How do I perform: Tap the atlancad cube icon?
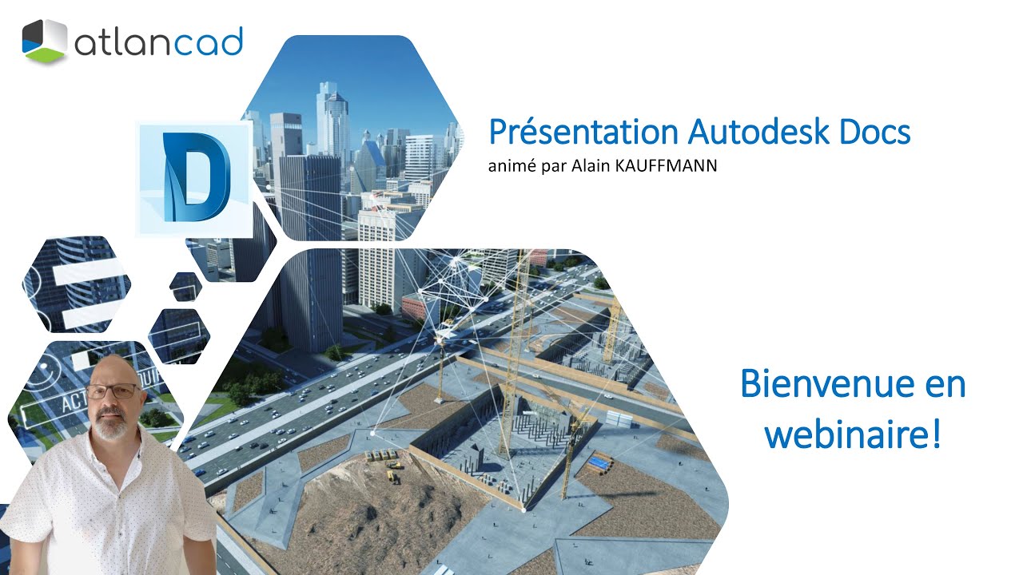point(44,42)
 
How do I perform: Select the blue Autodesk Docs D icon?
point(195,177)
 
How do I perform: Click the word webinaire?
point(852,434)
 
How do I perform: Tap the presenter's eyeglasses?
point(113,391)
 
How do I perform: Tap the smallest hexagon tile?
point(185,286)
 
